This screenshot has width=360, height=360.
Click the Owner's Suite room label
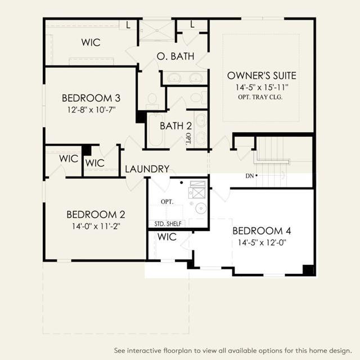(x=262, y=76)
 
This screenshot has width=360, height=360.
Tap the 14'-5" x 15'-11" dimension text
(x=262, y=88)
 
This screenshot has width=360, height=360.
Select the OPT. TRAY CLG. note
(x=260, y=97)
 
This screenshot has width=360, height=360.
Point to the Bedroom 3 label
(x=91, y=98)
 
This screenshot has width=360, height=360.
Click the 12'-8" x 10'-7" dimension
(x=91, y=110)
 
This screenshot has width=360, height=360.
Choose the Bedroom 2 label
(x=96, y=215)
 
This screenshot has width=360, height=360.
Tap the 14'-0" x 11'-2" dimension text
(x=96, y=226)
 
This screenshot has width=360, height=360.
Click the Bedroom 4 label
(x=262, y=231)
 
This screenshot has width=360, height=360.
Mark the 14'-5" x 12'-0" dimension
(x=262, y=242)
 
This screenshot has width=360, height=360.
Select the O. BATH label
(x=175, y=56)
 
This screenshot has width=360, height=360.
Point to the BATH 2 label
(x=175, y=126)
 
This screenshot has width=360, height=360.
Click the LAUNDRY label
(x=147, y=169)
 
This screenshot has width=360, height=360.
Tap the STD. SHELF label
(x=168, y=224)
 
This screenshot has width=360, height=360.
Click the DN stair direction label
(x=250, y=176)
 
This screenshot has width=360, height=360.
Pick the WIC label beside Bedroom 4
(x=167, y=237)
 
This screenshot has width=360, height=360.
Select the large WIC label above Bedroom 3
(x=91, y=43)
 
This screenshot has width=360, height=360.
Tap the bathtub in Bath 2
(x=156, y=130)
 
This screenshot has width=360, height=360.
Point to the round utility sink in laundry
(x=201, y=208)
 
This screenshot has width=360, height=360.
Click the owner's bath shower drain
(x=157, y=30)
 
